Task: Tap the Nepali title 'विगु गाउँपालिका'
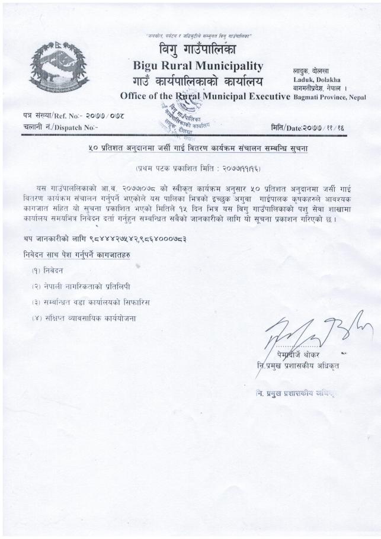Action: [x=198, y=49]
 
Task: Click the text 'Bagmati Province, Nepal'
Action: [x=329, y=97]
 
